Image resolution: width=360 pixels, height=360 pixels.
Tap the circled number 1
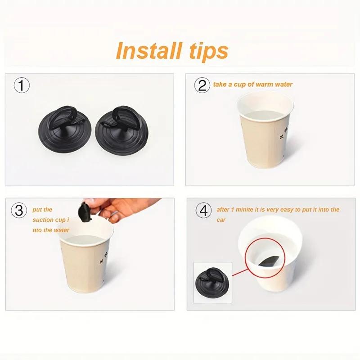[x=22, y=85]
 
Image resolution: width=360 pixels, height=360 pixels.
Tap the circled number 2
[x=202, y=85]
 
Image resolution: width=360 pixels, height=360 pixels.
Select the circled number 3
[x=19, y=210]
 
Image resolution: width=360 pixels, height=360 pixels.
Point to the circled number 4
[x=203, y=210]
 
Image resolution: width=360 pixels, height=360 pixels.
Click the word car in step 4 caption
[x=221, y=220]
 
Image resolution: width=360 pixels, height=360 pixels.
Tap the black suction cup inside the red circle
[x=270, y=261]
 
